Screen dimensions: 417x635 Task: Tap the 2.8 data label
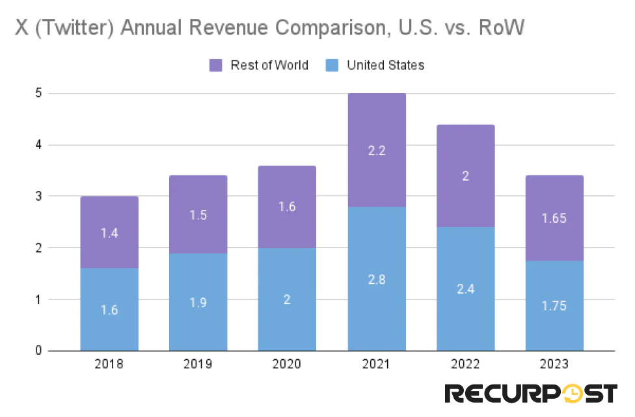click(377, 279)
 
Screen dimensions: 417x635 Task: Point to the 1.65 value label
click(554, 218)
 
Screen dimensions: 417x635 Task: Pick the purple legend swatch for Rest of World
click(216, 65)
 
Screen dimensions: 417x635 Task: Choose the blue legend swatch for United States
click(332, 65)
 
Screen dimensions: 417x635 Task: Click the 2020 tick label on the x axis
click(287, 364)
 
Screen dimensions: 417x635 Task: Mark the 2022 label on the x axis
click(465, 364)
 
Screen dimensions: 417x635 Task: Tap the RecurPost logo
click(530, 394)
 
